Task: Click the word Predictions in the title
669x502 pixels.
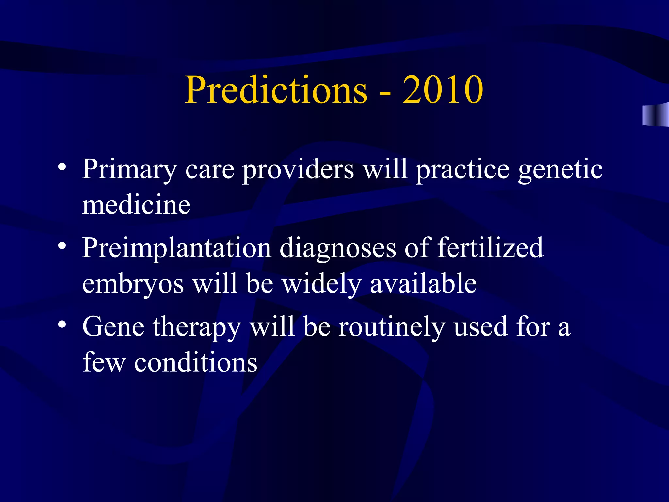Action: click(x=276, y=90)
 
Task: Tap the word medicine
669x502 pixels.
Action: click(x=136, y=205)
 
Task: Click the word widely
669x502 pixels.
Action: click(x=321, y=284)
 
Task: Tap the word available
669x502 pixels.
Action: click(x=423, y=284)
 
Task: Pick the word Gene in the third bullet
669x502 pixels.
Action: click(x=113, y=327)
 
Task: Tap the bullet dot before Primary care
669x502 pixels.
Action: click(x=62, y=167)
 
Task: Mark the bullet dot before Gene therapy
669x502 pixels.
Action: click(x=62, y=324)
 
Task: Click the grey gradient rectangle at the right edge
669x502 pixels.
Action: click(x=655, y=114)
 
